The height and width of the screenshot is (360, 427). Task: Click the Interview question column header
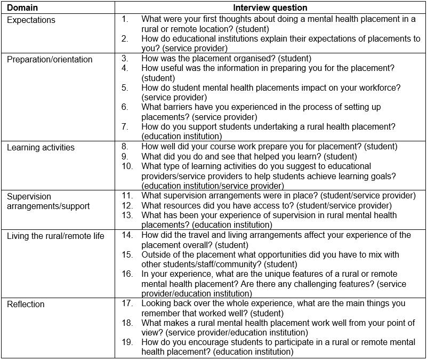coord(270,8)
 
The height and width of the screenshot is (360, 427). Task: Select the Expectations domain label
coord(31,20)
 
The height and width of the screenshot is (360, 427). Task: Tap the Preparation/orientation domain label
coord(50,59)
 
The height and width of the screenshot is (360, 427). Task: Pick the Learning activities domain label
coord(41,147)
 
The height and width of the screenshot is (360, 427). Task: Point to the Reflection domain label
coord(26,304)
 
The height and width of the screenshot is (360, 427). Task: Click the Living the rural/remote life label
coord(55,235)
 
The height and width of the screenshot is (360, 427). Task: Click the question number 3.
coord(124,59)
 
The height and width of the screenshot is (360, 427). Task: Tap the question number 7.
coord(124,126)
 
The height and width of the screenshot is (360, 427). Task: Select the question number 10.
coord(126,166)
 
